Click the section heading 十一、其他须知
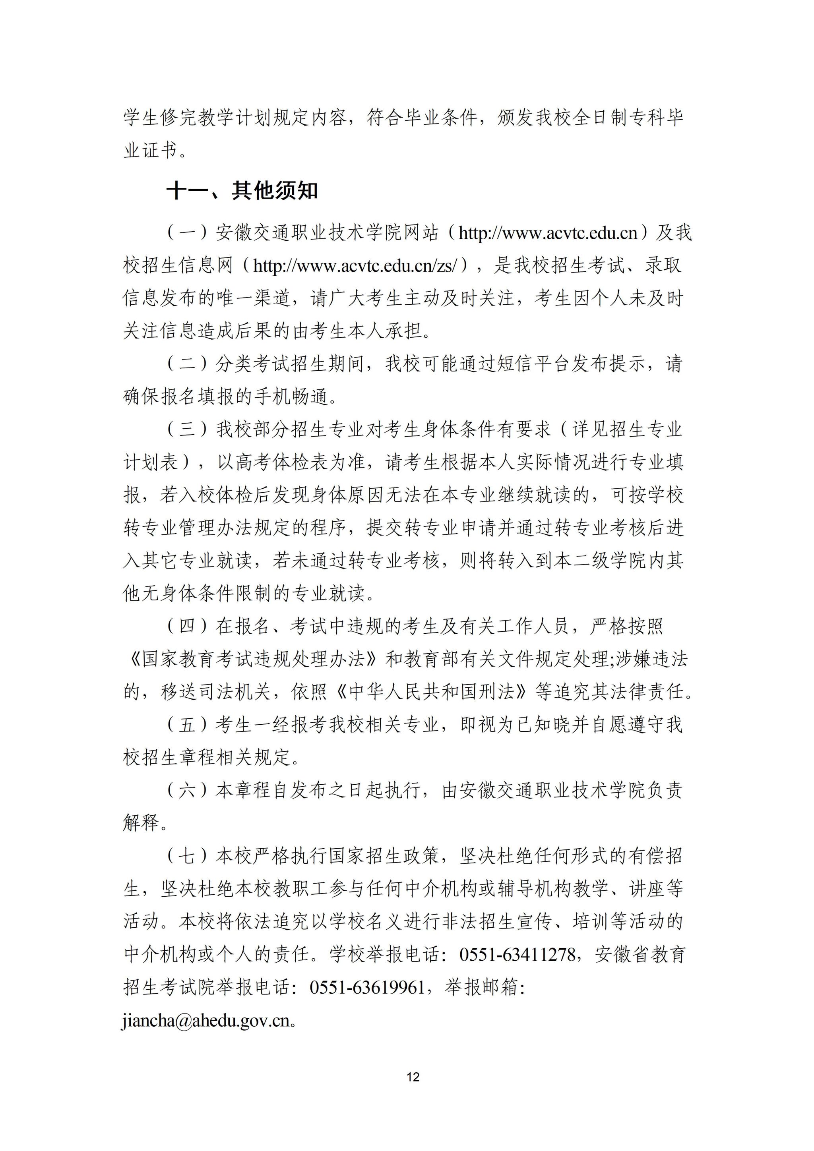click(x=242, y=190)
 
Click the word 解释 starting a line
click(x=141, y=823)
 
